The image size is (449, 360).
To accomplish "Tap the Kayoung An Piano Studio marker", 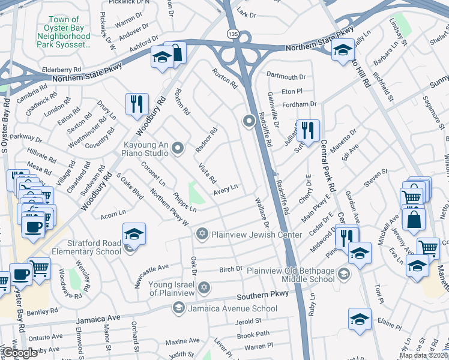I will coord(177,148).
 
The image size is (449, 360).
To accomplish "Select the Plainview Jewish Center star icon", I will coord(202,234).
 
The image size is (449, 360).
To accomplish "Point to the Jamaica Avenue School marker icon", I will coord(178,308).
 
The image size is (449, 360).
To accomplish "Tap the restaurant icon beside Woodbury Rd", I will coord(137,104).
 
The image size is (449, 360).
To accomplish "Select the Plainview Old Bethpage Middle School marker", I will coord(343,275).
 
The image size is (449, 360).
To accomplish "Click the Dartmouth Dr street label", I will coord(286,77).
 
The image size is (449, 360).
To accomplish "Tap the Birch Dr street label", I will coord(231,269).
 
